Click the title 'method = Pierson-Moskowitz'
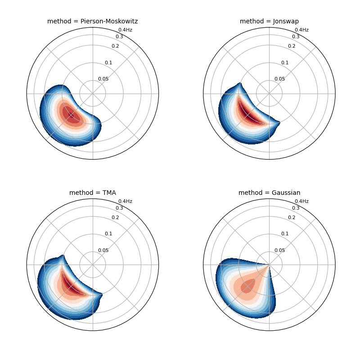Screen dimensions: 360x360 [92, 21]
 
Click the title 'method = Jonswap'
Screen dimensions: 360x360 [269, 21]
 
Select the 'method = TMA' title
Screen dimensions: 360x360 [92, 193]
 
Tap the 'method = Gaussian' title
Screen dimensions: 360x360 [269, 193]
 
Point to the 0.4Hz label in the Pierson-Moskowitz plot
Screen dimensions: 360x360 [125, 30]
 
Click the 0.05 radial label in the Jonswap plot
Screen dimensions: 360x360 [280, 79]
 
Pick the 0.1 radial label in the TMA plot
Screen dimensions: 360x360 [108, 234]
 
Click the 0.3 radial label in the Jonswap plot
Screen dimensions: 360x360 [296, 36]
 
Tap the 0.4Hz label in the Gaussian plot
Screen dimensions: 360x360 [301, 201]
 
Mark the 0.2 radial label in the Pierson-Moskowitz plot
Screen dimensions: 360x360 [115, 46]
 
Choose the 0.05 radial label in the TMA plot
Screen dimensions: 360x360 [103, 250]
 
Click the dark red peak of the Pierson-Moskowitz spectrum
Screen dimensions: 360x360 [72, 115]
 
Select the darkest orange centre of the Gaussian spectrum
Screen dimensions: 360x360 [247, 286]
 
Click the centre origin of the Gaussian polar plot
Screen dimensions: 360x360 [269, 265]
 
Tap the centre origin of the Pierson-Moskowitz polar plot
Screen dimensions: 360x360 [93, 94]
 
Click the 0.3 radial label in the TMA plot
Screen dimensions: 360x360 [119, 208]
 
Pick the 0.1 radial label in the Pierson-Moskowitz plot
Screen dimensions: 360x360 [108, 63]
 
